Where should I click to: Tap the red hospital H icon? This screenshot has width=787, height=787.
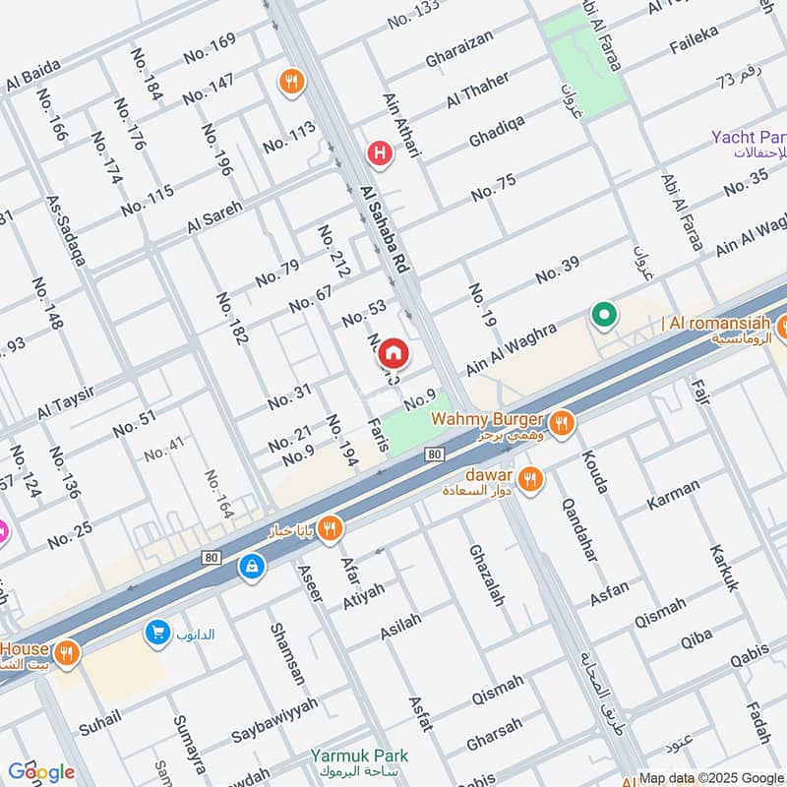tap(378, 153)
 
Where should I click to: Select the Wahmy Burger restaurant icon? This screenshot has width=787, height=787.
tap(562, 423)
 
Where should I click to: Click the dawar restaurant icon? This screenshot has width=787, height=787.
tap(530, 479)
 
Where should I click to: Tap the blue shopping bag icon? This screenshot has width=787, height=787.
tap(252, 567)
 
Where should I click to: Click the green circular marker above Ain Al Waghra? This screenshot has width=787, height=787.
tap(603, 316)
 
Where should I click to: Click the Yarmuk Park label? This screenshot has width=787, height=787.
tap(359, 756)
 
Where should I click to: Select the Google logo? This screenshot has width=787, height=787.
tap(41, 772)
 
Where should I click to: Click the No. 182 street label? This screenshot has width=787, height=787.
tap(232, 318)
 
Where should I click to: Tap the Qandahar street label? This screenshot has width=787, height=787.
tap(579, 528)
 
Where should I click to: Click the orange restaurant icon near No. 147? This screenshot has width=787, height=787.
tap(290, 80)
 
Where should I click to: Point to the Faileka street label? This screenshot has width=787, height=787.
tap(694, 39)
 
